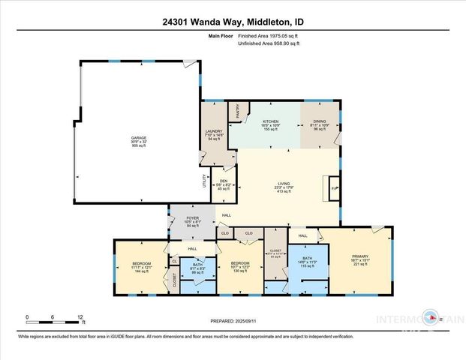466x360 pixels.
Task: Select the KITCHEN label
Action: (270, 121)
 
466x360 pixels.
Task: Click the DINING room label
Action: (320, 121)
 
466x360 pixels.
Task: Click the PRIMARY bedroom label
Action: (360, 256)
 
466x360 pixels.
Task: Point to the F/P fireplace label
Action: (335, 188)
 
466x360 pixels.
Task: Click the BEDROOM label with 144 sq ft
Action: (142, 264)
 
